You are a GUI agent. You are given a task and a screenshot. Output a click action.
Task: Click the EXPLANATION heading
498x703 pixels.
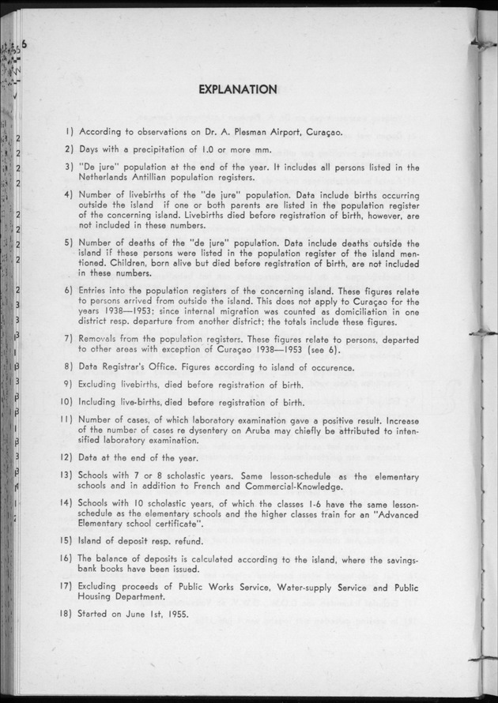click(237, 89)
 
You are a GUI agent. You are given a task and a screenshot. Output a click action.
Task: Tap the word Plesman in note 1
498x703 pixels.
click(236, 133)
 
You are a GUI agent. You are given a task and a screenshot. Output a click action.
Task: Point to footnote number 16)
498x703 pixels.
click(69, 558)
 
